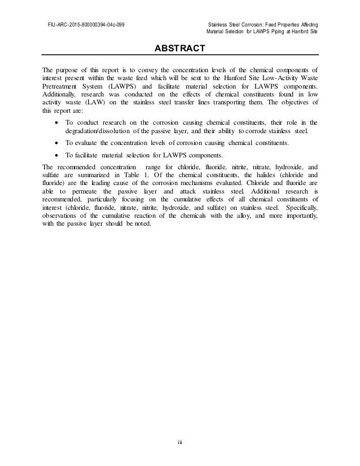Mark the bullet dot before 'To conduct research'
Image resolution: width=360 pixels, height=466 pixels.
pyautogui.click(x=53, y=123)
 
